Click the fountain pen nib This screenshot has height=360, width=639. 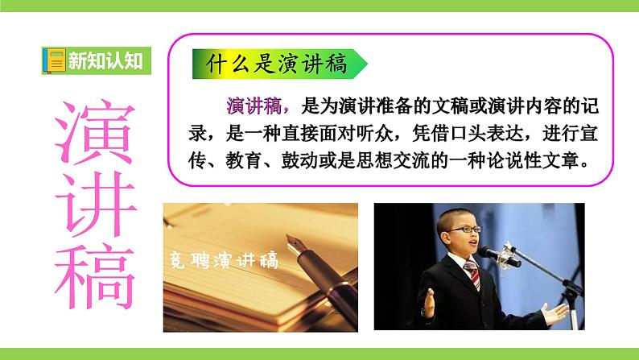[x=303, y=242]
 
